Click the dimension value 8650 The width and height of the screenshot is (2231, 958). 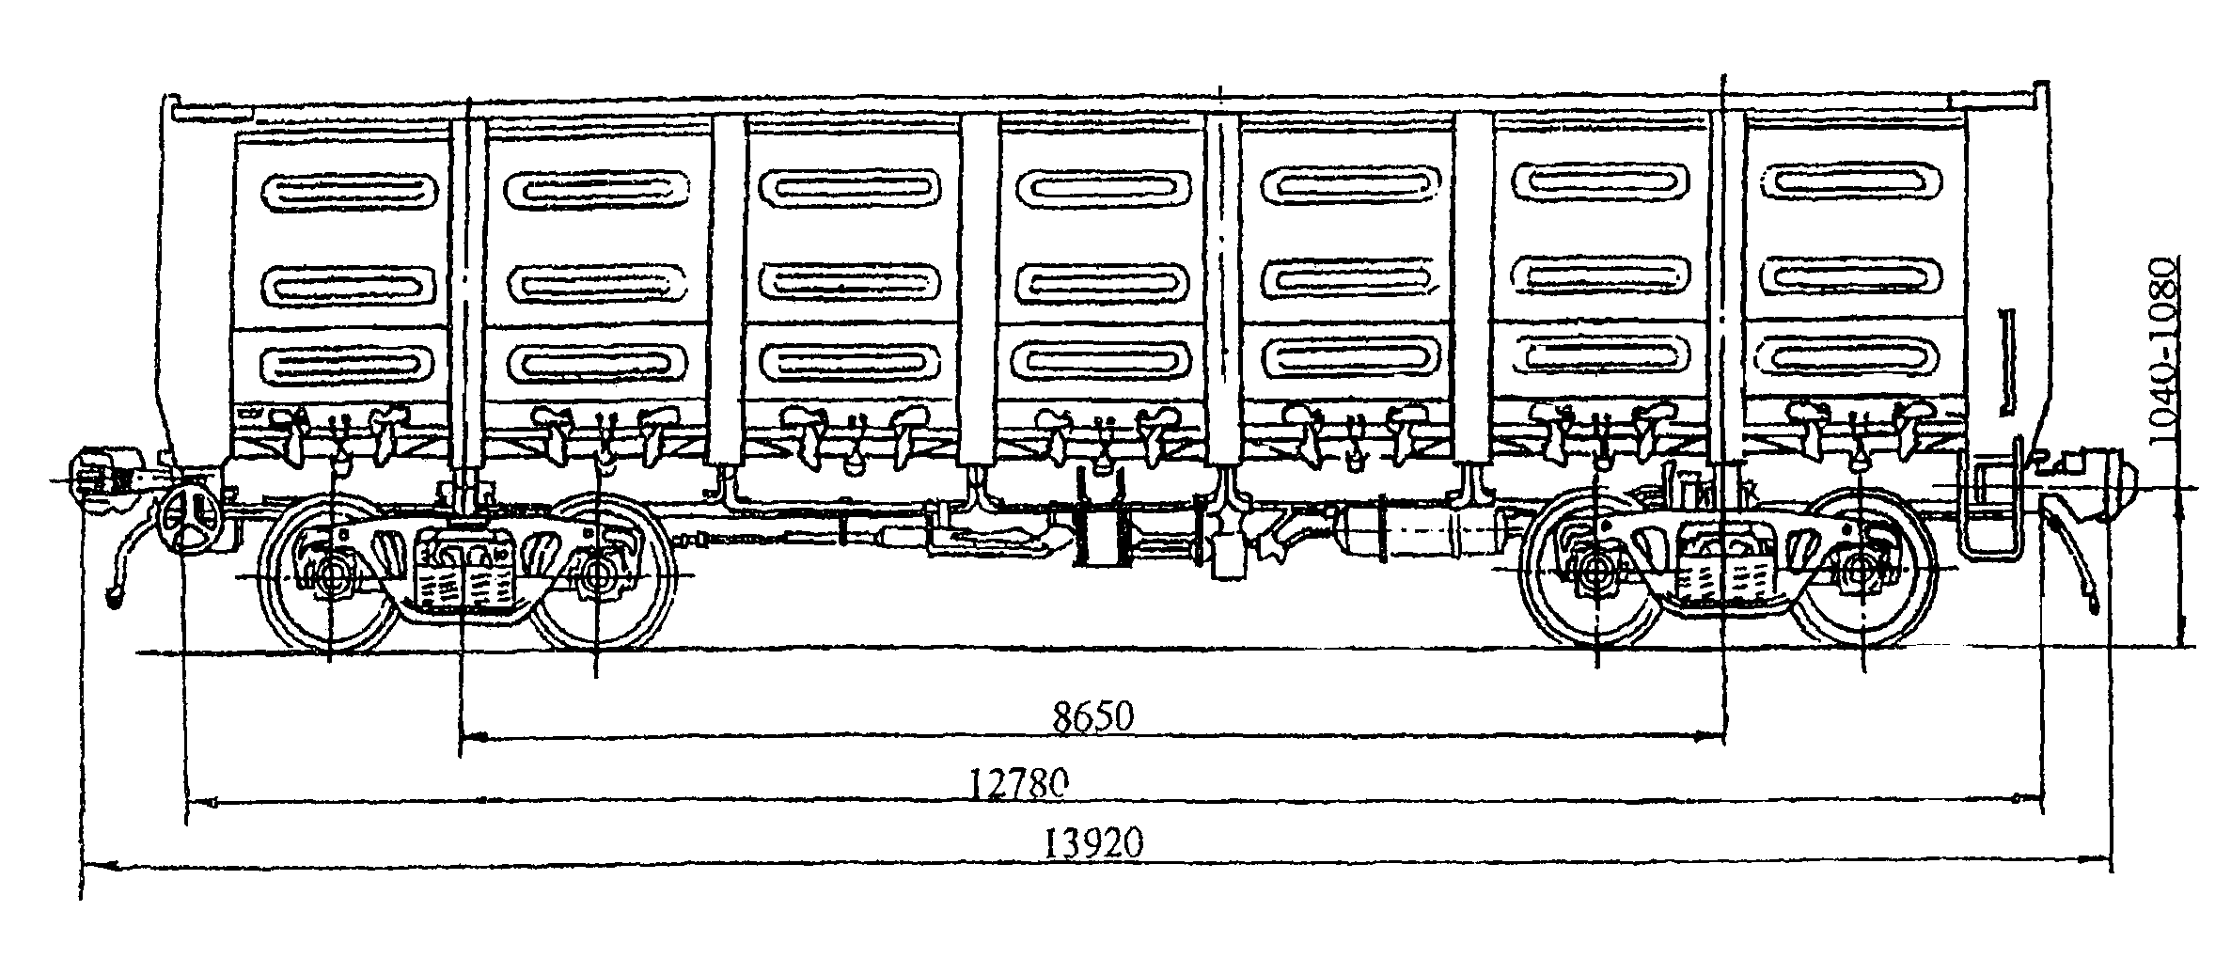(1093, 718)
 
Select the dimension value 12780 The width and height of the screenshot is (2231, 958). (1020, 782)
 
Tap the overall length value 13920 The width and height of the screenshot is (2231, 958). (1094, 842)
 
